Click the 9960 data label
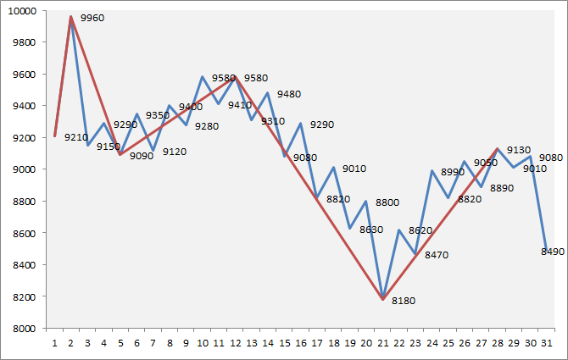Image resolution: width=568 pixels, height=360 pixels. tap(92, 18)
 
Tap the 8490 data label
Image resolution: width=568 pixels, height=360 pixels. tap(554, 252)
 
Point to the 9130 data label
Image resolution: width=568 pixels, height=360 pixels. tap(518, 150)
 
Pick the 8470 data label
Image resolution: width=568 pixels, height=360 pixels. tap(437, 255)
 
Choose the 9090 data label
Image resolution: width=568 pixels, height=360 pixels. tap(142, 156)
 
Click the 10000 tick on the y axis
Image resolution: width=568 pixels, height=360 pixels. tap(25, 10)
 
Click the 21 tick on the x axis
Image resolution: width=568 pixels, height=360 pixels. tap(383, 344)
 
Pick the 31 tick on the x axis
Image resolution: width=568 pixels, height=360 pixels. tap(548, 344)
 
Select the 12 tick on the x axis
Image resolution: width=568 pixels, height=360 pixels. tap(235, 344)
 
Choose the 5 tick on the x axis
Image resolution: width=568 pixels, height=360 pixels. tap(120, 344)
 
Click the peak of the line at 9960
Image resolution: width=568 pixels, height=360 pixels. tap(70, 16)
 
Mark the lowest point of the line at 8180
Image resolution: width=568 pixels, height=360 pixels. tap(383, 299)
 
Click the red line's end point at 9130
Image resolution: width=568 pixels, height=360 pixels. tap(498, 148)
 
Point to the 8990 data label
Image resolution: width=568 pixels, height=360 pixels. tap(453, 172)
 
